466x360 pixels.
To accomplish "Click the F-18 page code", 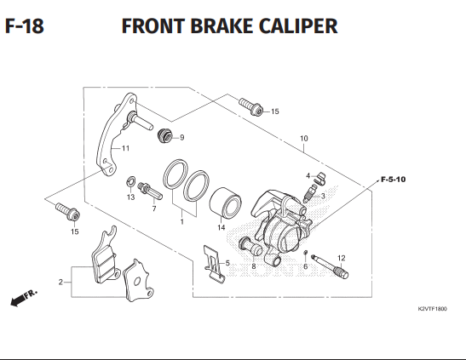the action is point(25,26).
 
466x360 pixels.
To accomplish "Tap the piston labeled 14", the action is point(225,205).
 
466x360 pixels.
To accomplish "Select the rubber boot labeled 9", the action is point(164,136).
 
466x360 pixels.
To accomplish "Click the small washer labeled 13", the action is point(130,181).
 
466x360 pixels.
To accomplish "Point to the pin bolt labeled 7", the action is point(150,191).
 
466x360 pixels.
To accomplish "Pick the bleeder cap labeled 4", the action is point(321,178).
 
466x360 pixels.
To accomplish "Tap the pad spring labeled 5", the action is point(214,262).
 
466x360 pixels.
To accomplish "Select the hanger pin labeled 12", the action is point(330,266).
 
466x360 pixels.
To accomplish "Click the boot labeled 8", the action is point(250,246).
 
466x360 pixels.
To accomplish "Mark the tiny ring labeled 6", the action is point(305,253).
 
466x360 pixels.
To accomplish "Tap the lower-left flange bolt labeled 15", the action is point(68,212).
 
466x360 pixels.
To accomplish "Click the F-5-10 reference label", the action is point(394,180).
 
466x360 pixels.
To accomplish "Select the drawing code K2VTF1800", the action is point(432,309).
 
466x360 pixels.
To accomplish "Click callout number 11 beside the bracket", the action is point(126,148).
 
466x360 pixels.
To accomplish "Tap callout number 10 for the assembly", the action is point(304,139).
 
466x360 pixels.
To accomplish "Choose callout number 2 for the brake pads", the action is point(60,282).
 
